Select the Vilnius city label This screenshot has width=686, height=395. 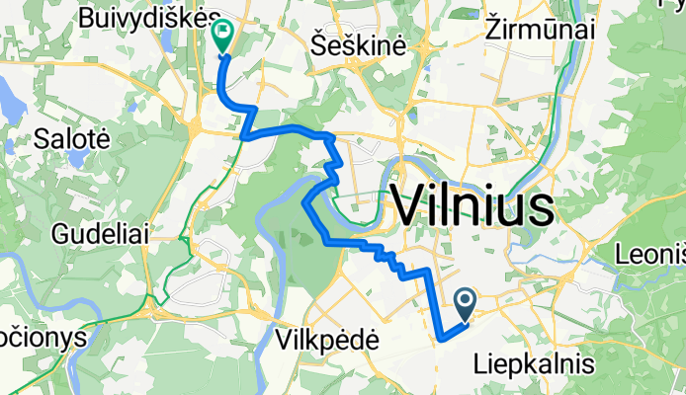click(472, 207)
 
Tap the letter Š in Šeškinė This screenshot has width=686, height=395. click(317, 44)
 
